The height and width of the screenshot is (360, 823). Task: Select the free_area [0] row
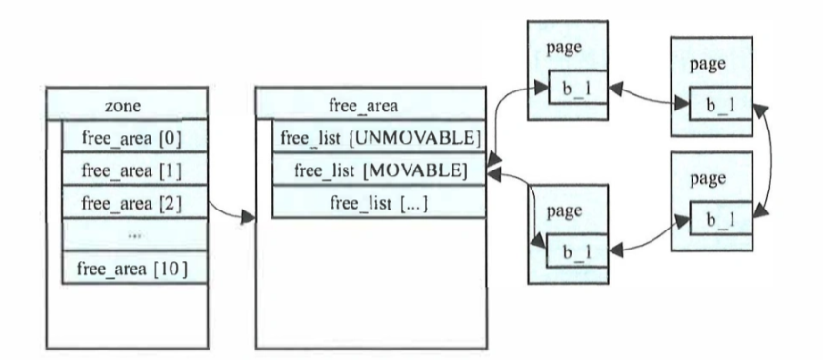[132, 139]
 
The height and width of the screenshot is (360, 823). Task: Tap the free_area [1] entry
[132, 171]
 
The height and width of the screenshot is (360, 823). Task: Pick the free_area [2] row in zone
[132, 203]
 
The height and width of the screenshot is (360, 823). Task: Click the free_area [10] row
[132, 269]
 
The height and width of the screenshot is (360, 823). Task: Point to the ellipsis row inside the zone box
[132, 235]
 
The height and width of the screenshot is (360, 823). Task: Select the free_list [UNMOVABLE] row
[381, 139]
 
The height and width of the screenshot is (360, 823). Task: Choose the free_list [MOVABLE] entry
[381, 171]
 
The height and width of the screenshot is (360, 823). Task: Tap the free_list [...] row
[381, 203]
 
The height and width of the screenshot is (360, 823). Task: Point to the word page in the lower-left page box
[564, 210]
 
